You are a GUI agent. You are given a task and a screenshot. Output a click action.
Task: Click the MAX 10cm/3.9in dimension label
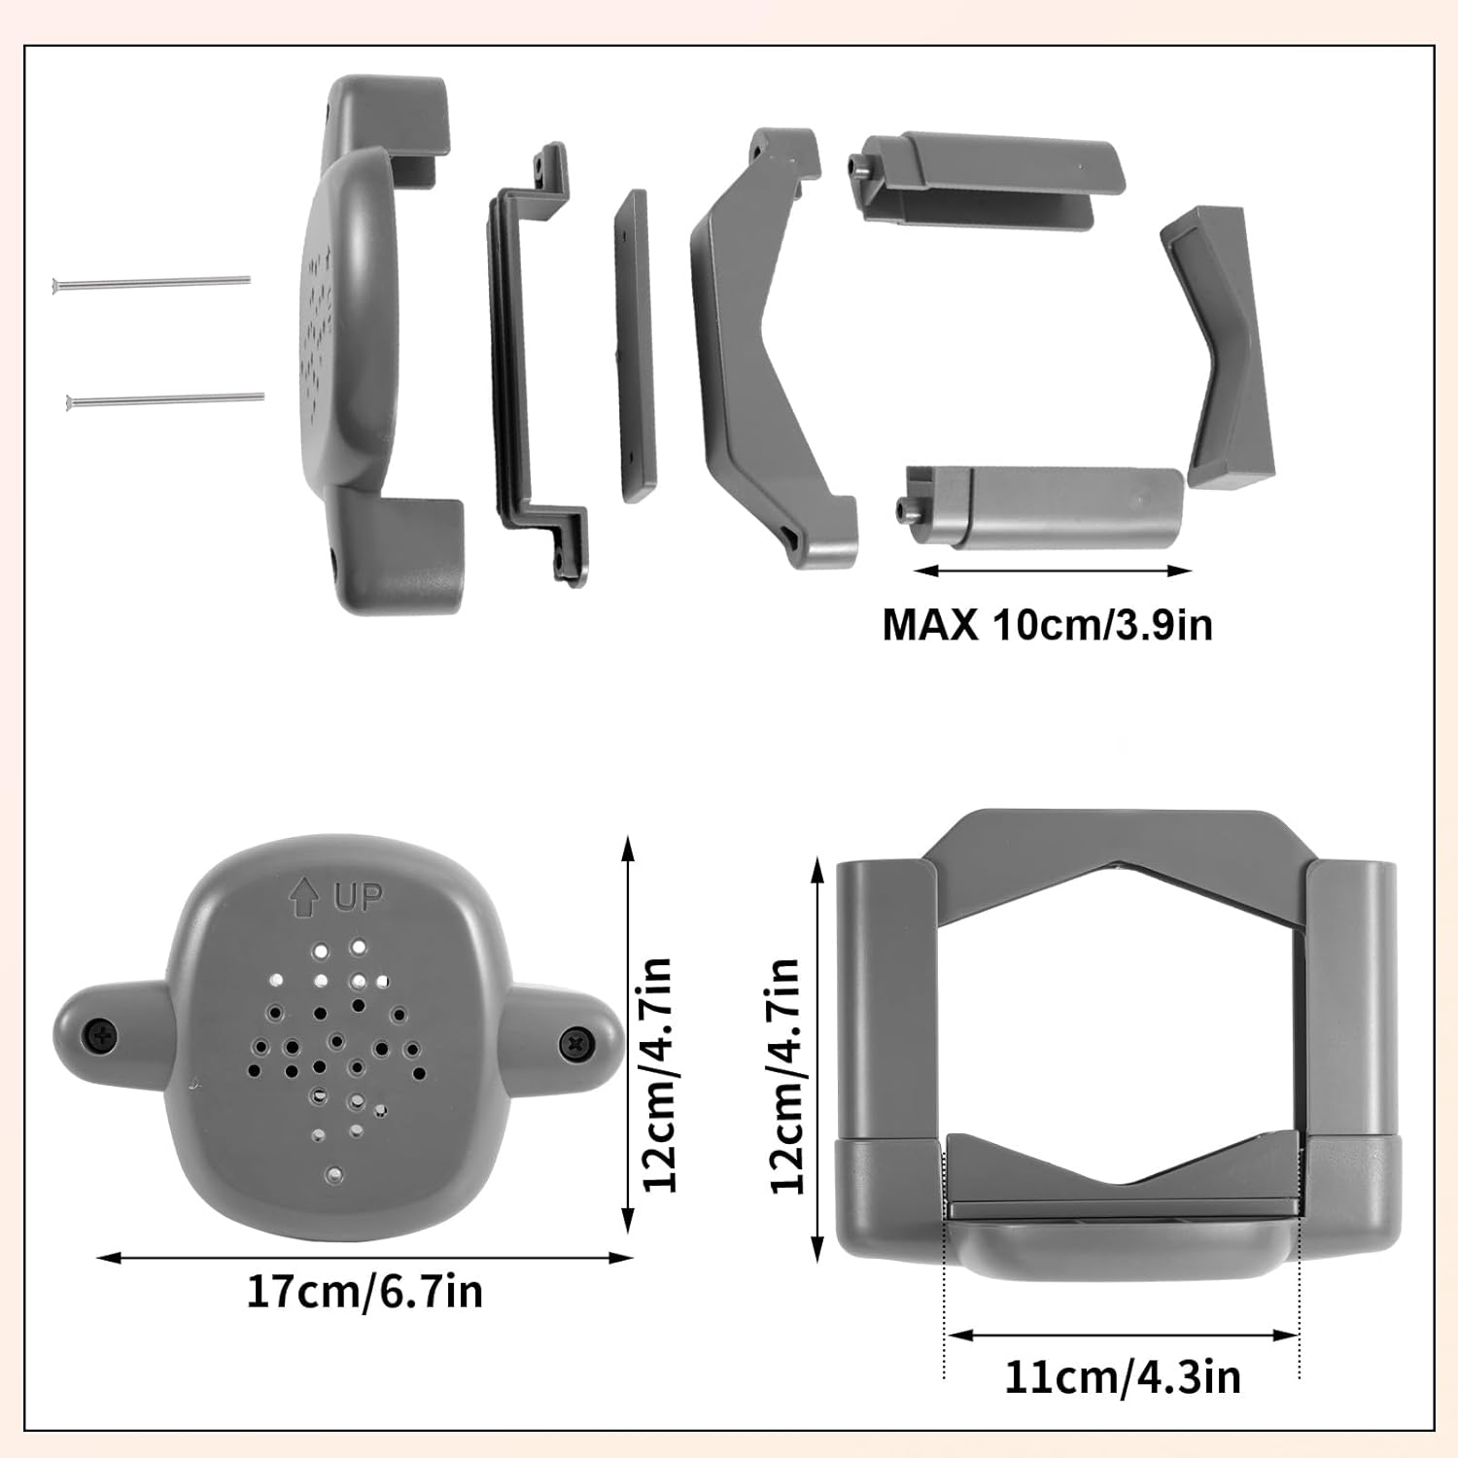pyautogui.click(x=1047, y=624)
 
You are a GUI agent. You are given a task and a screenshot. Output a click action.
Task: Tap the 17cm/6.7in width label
pyautogui.click(x=364, y=1292)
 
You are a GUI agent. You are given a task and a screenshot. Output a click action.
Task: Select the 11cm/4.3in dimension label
pyautogui.click(x=1122, y=1377)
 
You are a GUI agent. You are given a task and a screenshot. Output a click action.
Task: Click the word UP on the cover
pyautogui.click(x=359, y=897)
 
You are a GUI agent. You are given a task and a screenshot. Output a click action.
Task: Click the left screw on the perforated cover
pyautogui.click(x=101, y=1034)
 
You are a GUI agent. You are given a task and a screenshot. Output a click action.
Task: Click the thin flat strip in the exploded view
pyautogui.click(x=634, y=345)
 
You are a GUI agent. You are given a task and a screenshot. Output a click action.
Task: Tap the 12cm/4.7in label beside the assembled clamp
pyautogui.click(x=785, y=1074)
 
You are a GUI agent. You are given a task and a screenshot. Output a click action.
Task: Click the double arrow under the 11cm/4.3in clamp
pyautogui.click(x=1123, y=1336)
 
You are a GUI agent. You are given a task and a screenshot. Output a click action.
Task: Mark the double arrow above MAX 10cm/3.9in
pyautogui.click(x=1053, y=572)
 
